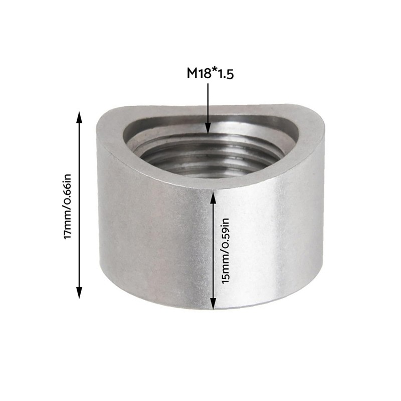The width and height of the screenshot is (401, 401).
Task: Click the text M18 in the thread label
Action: tap(198, 73)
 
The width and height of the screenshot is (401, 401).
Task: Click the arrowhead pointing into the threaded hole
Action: tap(208, 129)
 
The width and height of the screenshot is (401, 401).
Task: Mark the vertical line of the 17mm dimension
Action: tap(79, 206)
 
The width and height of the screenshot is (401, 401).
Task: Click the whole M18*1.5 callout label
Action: tap(211, 73)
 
